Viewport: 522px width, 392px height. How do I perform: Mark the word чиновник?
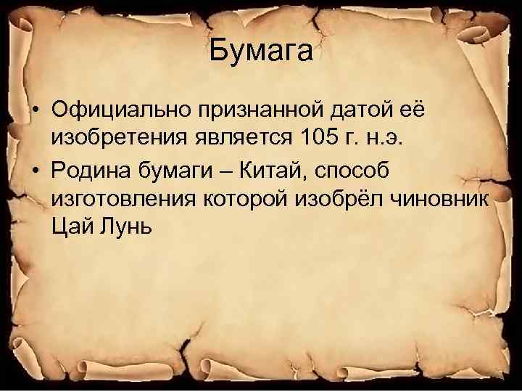click(448, 197)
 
